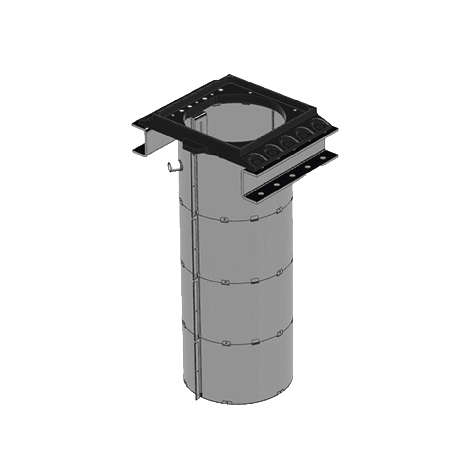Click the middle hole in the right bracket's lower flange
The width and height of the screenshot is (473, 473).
pyautogui.click(x=291, y=176)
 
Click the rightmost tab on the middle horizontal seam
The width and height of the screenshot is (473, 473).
pyautogui.click(x=281, y=272)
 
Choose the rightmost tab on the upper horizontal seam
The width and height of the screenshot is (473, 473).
pyautogui.click(x=280, y=209)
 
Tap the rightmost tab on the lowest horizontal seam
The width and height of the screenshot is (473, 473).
pyautogui.click(x=281, y=334)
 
